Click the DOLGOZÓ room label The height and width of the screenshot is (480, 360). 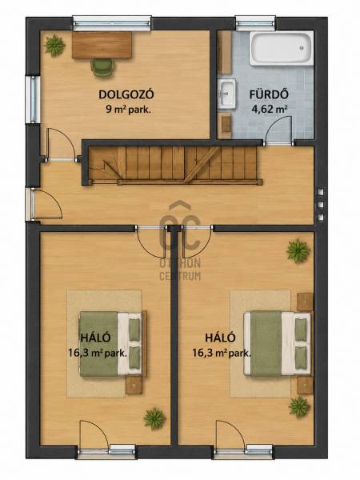click(126, 94)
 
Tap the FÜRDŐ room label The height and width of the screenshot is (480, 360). click(269, 94)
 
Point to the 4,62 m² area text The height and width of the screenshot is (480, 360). click(269, 109)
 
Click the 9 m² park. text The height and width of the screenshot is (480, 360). click(128, 110)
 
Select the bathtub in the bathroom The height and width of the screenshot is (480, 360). click(281, 48)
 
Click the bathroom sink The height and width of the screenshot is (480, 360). click(226, 94)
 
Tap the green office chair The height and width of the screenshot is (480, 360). click(102, 67)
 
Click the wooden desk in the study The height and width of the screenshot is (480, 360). click(102, 45)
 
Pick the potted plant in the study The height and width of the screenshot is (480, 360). click(54, 46)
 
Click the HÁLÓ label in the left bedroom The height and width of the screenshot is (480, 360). click(95, 338)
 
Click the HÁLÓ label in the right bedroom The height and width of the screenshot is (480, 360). click(220, 338)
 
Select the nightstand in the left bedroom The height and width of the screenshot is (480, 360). click(134, 385)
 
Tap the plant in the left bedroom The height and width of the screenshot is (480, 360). click(154, 418)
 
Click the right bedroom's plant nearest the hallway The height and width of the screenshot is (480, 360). click(298, 250)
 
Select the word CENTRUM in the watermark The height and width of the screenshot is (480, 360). click(180, 276)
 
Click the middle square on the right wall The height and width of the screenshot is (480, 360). click(321, 205)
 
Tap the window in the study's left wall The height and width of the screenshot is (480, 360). click(33, 100)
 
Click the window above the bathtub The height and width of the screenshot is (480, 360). click(256, 24)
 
